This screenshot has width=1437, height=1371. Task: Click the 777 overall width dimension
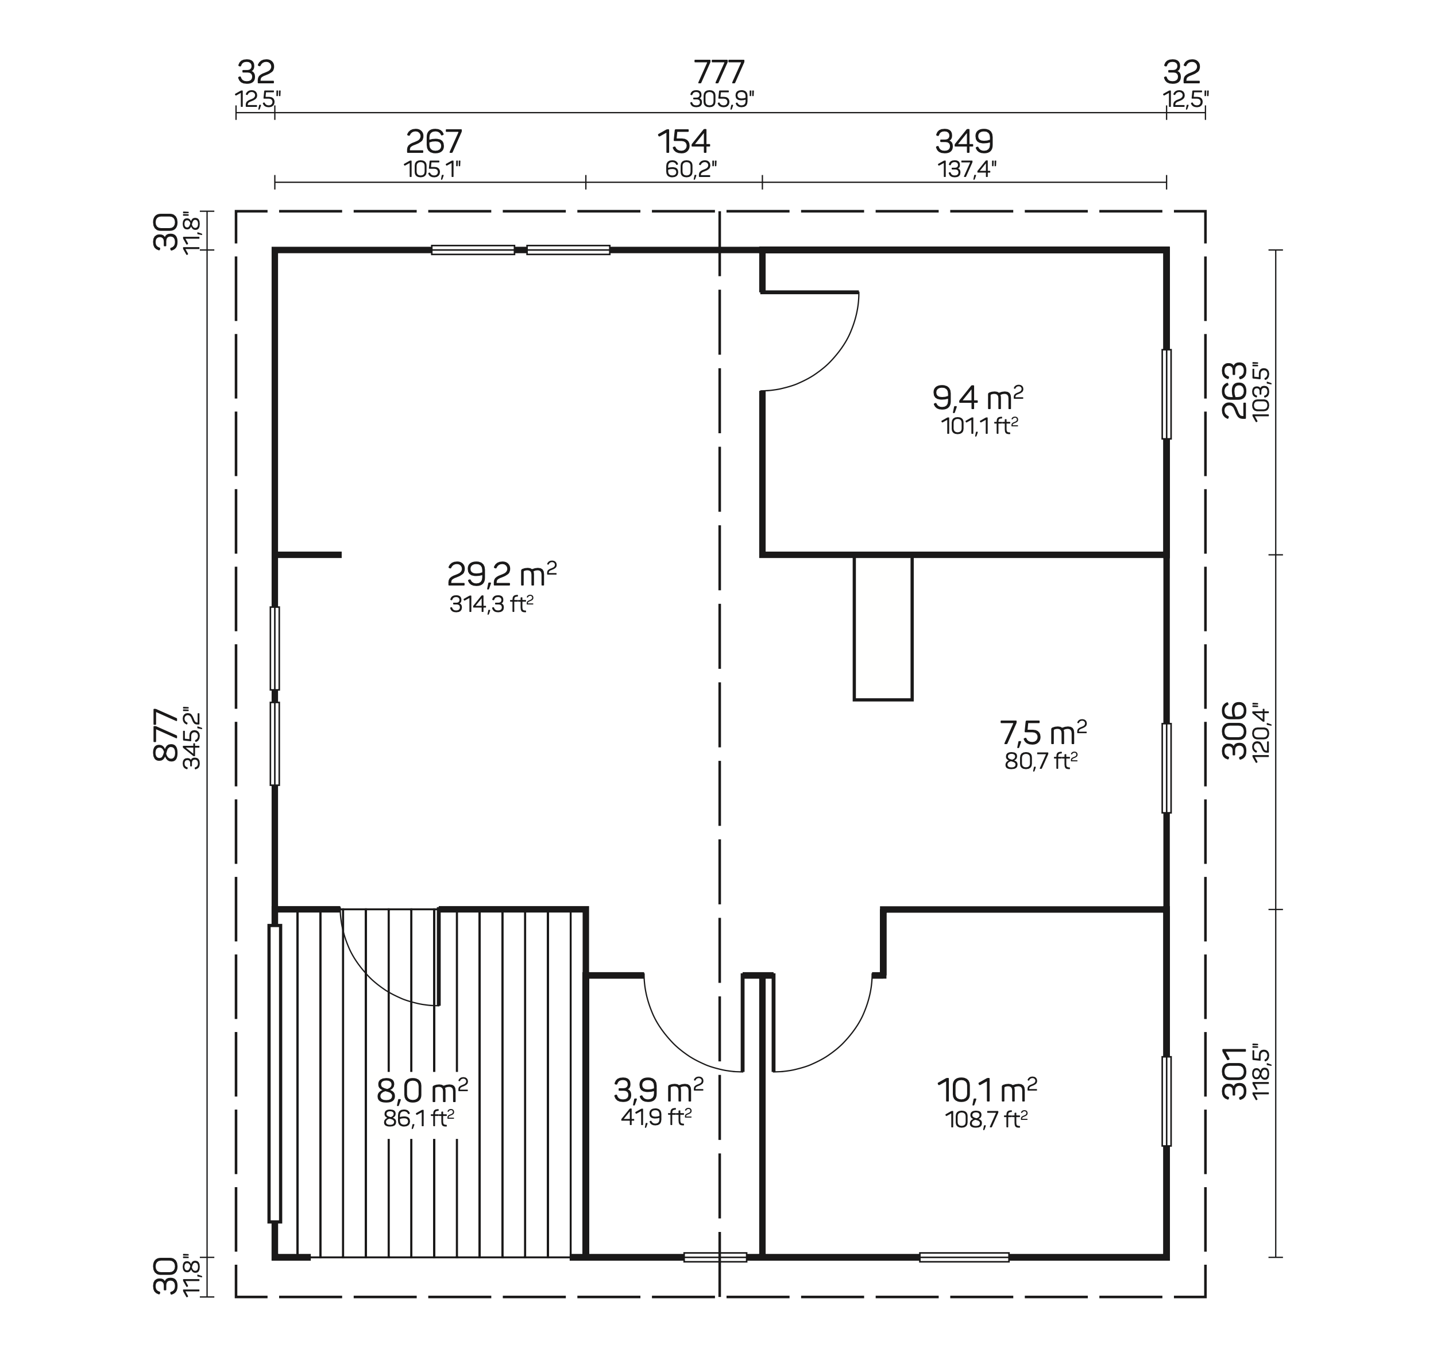tap(720, 72)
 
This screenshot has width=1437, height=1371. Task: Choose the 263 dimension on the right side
tap(1235, 390)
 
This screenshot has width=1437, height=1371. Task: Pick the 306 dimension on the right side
tap(1235, 730)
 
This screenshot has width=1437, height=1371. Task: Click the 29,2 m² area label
tap(502, 575)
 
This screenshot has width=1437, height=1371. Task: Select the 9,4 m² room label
tap(978, 398)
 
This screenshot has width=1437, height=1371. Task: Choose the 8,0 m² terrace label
tap(422, 1091)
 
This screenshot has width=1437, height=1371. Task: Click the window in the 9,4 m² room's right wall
tap(1166, 394)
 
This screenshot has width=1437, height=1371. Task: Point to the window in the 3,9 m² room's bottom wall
tap(715, 1257)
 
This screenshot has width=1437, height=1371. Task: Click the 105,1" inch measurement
tap(432, 170)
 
